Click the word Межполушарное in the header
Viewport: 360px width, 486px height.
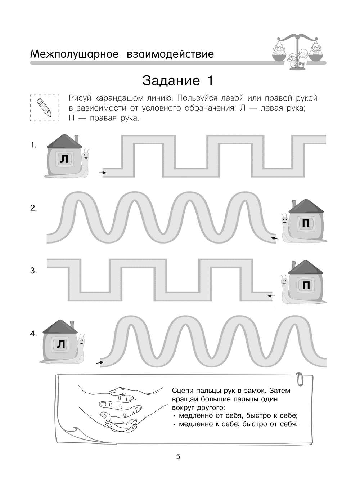pos(75,54)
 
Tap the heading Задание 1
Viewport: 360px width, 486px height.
pos(178,80)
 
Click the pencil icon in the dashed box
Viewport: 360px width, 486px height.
pos(44,107)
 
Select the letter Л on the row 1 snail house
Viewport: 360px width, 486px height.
pos(64,159)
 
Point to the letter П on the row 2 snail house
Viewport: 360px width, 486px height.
pos(306,224)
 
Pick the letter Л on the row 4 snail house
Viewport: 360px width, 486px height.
pos(61,344)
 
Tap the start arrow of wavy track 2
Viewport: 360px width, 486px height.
pos(275,238)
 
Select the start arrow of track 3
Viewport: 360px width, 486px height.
pos(271,296)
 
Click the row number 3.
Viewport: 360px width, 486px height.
pos(33,271)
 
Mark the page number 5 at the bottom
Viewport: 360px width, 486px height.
pos(178,457)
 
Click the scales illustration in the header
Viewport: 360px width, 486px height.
pos(297,50)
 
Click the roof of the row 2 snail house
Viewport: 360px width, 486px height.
pos(306,206)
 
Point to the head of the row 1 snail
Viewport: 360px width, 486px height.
pos(85,155)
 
